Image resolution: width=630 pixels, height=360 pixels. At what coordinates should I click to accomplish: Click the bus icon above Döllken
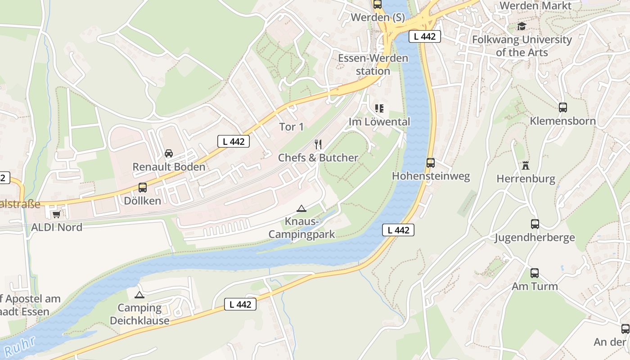pyautogui.click(x=143, y=188)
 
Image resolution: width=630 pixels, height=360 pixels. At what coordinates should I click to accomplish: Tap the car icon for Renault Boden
pyautogui.click(x=169, y=153)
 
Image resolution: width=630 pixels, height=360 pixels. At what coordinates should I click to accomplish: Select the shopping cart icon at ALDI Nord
pyautogui.click(x=56, y=214)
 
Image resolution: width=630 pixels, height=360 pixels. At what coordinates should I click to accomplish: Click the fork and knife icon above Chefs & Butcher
pyautogui.click(x=318, y=144)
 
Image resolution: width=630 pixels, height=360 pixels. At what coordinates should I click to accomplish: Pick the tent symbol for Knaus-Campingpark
pyautogui.click(x=301, y=208)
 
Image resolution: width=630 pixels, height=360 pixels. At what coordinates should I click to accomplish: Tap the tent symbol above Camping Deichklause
pyautogui.click(x=139, y=295)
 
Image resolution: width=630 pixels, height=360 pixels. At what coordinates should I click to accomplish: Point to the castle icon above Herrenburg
pyautogui.click(x=525, y=166)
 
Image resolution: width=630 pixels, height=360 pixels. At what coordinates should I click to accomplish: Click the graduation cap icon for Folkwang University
pyautogui.click(x=522, y=27)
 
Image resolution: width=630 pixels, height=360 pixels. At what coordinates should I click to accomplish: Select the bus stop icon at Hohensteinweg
pyautogui.click(x=431, y=162)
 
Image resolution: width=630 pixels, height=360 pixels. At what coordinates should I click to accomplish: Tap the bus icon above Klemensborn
pyautogui.click(x=562, y=108)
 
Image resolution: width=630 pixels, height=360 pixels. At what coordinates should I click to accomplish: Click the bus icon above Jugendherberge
pyautogui.click(x=535, y=224)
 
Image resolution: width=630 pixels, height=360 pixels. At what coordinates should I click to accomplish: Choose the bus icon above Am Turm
pyautogui.click(x=534, y=273)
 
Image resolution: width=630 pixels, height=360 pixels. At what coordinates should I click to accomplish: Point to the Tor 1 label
pyautogui.click(x=291, y=127)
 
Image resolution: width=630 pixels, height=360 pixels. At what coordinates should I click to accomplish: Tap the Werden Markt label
pyautogui.click(x=535, y=6)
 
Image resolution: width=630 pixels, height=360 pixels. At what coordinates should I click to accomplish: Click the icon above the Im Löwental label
pyautogui.click(x=379, y=108)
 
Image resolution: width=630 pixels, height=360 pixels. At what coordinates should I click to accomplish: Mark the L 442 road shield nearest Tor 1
pyautogui.click(x=234, y=141)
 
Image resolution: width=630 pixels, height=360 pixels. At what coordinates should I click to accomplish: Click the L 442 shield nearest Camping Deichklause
pyautogui.click(x=240, y=305)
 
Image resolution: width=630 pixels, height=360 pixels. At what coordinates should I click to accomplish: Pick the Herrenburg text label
pyautogui.click(x=526, y=179)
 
